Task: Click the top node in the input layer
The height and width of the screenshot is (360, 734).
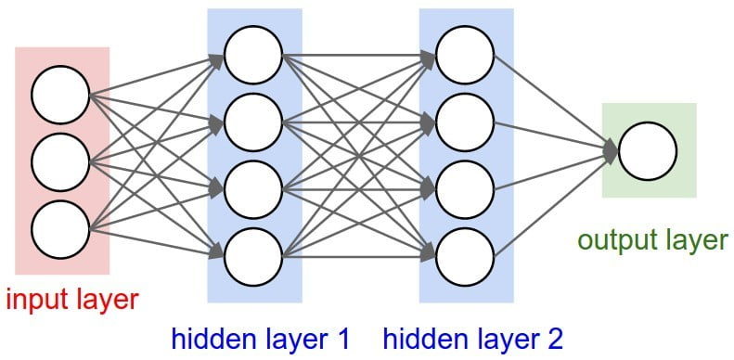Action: [x=60, y=96]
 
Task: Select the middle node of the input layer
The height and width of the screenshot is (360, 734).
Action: [x=60, y=161]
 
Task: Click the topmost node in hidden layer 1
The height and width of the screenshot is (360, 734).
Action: [x=253, y=55]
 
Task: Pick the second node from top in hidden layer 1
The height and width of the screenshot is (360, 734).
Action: [x=253, y=121]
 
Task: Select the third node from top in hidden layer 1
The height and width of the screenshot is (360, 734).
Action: [x=253, y=186]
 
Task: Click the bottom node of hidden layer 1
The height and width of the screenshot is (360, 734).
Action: [x=253, y=252]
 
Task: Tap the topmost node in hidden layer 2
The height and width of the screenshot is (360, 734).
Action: [x=465, y=55]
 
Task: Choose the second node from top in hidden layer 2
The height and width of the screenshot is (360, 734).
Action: [x=465, y=121]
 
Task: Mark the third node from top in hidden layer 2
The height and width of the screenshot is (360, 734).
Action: [x=465, y=186]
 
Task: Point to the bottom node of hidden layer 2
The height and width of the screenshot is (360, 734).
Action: [x=465, y=252]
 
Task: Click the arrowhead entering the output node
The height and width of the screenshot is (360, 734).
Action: [x=610, y=150]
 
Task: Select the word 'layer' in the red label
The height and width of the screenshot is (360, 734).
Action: [x=104, y=300]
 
